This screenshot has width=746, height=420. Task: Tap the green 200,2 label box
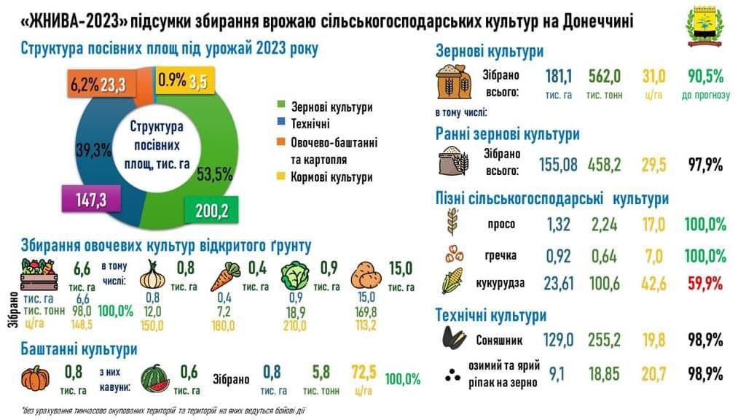(212, 211)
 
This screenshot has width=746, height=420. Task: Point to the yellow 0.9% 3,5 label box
(183, 81)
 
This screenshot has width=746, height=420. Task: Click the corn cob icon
(451, 281)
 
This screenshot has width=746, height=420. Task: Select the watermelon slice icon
(156, 378)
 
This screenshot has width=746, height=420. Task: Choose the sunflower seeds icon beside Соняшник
(451, 339)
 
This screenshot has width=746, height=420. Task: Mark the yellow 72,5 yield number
(364, 373)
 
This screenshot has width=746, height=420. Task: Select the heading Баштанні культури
(79, 349)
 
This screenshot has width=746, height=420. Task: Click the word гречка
(501, 256)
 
